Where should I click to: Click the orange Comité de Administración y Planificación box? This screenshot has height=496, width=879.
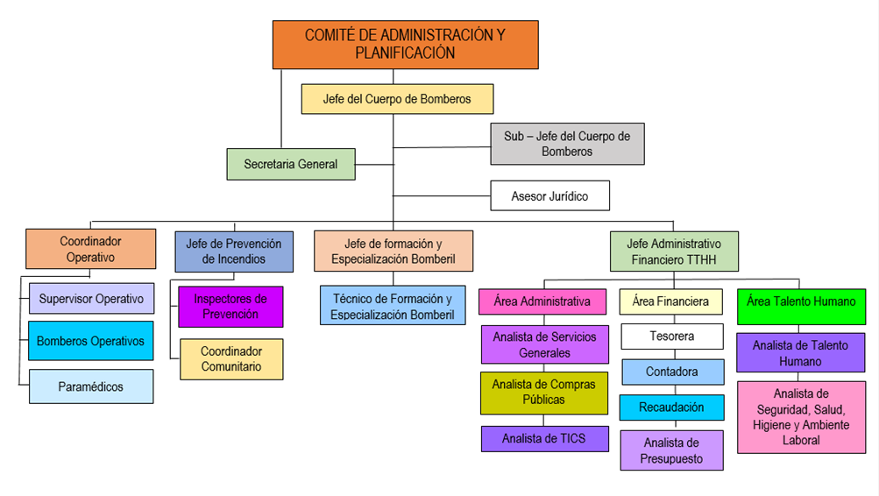(x=405, y=45)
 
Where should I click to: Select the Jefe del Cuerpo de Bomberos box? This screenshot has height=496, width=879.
(x=397, y=99)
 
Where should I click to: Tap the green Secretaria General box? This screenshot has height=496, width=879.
(x=291, y=164)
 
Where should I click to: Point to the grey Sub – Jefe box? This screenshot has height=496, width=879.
(x=567, y=144)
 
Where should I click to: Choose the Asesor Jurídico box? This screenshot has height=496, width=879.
(x=549, y=196)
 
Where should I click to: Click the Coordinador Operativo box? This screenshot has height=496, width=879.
(x=91, y=249)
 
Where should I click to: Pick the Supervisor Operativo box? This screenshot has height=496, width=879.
(x=91, y=299)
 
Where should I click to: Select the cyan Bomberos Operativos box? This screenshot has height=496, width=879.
(x=91, y=341)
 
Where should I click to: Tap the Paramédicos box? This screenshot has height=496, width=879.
(x=91, y=386)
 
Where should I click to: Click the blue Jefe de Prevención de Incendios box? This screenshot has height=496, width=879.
(x=234, y=252)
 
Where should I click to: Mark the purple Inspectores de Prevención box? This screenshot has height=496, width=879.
(x=230, y=307)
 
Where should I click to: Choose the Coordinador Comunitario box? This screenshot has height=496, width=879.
(x=231, y=359)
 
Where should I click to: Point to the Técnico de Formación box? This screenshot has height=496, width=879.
(x=393, y=307)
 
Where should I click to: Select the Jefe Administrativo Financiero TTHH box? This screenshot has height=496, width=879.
(x=674, y=252)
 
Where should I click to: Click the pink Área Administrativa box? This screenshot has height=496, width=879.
(x=542, y=301)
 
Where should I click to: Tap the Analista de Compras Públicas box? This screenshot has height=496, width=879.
(x=543, y=393)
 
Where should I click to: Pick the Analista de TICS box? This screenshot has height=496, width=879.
(x=544, y=439)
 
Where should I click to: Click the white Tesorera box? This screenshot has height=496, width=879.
(x=672, y=337)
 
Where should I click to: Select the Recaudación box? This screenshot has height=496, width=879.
(x=672, y=407)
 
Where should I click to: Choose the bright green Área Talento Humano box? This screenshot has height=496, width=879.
(x=801, y=301)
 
